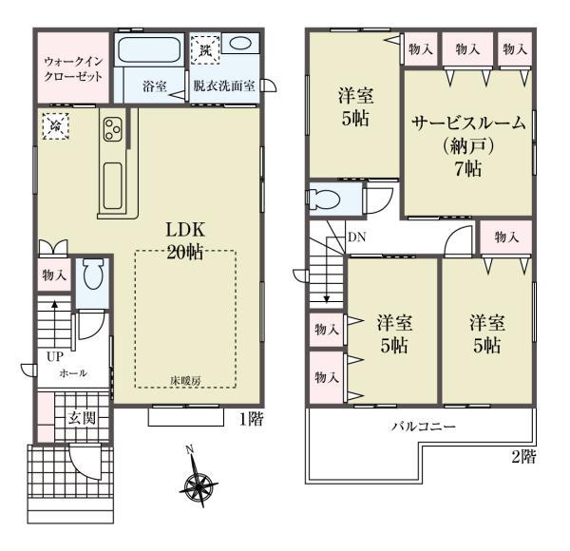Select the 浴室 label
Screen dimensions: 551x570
(x=155, y=86)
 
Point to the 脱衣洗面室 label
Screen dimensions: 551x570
(x=223, y=86)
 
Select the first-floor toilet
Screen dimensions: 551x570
(x=92, y=275)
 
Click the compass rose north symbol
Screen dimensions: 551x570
(x=199, y=487)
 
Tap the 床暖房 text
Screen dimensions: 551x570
(x=186, y=380)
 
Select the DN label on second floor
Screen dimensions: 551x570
(x=356, y=237)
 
